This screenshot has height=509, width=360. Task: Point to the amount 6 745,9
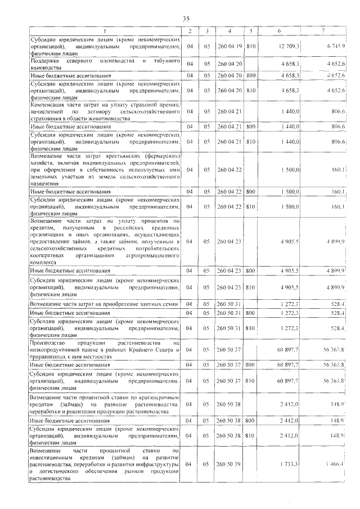[x=334, y=46]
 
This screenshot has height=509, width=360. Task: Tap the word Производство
[x=48, y=343]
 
